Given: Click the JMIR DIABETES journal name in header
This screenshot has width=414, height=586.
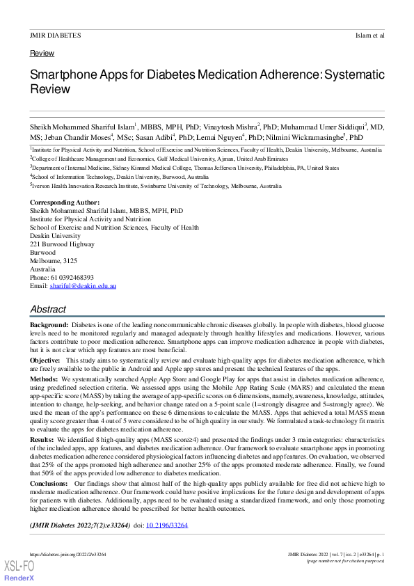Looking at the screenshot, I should [x=55, y=35].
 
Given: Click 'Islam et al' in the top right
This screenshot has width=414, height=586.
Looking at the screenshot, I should [x=369, y=35].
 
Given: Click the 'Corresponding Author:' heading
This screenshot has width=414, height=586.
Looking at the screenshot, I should [x=65, y=203].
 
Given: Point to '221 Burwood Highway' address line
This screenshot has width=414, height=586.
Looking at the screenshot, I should [x=62, y=244].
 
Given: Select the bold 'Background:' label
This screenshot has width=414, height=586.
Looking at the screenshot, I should [x=49, y=325].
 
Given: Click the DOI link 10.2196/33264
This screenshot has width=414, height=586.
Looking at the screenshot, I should [x=168, y=525].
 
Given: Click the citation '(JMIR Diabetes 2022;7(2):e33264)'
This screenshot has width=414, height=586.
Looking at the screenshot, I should [x=79, y=525].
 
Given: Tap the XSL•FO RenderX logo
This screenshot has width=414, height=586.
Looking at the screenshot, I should [x=19, y=571].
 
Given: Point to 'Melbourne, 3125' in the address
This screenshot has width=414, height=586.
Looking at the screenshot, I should [x=54, y=261].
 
